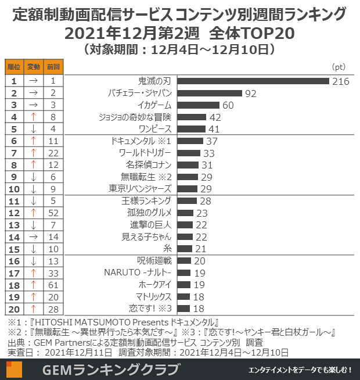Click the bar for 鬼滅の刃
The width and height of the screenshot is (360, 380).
[253, 81]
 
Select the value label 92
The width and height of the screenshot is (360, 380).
[251, 94]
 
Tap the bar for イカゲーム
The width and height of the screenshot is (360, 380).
[198, 105]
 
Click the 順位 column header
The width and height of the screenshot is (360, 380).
[13, 67]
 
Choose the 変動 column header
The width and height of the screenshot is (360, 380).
[34, 67]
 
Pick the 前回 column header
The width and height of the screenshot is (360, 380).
[53, 67]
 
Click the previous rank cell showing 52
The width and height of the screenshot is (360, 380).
[53, 213]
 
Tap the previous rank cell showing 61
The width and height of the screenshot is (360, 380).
[53, 285]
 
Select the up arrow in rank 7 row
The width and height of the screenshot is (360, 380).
[34, 153]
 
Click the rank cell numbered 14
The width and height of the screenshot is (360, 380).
[13, 237]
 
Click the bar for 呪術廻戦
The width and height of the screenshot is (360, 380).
[184, 261]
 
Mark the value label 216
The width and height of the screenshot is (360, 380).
[341, 81]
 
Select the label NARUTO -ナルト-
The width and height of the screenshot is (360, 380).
[138, 273]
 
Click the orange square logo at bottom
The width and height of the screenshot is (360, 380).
[14, 370]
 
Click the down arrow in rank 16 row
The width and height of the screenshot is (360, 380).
[34, 261]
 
